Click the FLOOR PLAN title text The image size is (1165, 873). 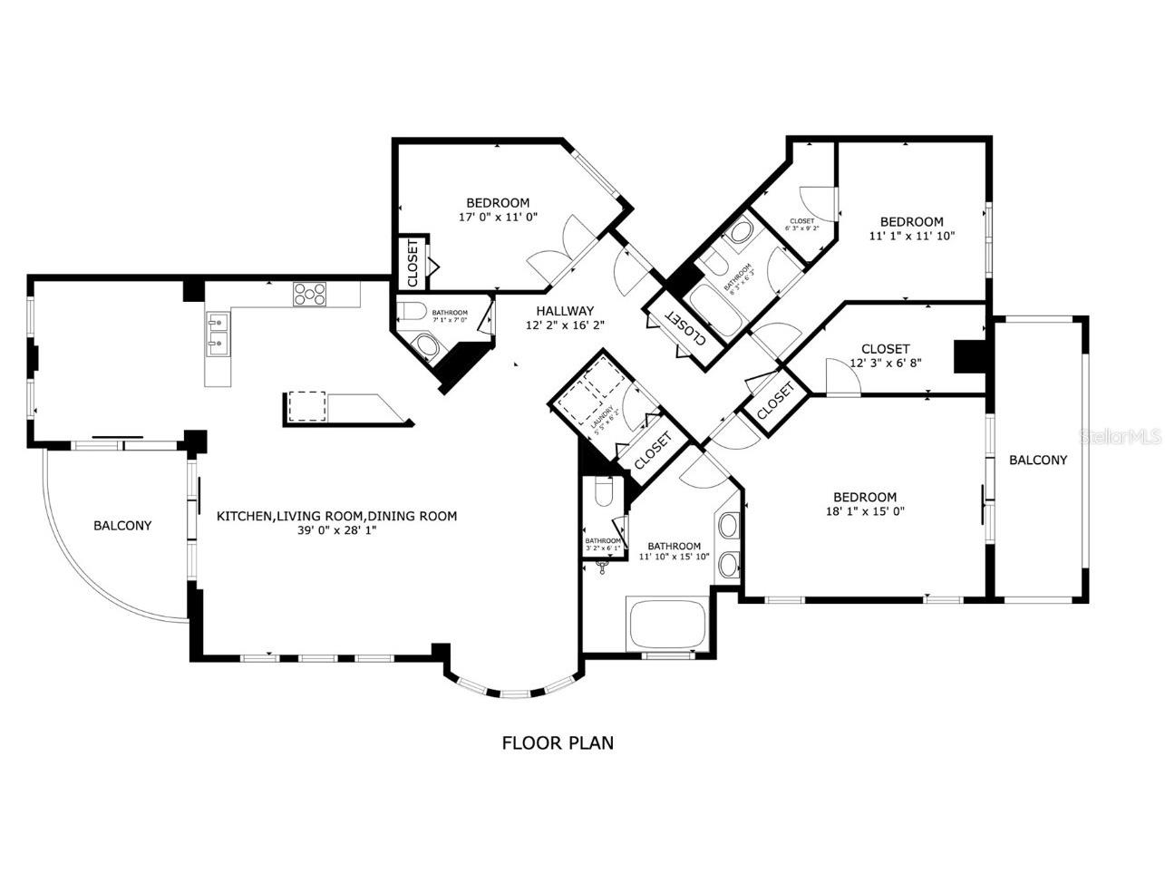[x=558, y=743]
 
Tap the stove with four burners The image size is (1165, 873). [x=309, y=294]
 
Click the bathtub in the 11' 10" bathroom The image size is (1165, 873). [x=666, y=624]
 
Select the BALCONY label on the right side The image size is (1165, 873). [x=1038, y=461]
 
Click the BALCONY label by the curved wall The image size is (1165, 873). [x=122, y=526]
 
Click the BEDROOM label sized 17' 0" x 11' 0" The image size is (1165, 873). [x=498, y=203]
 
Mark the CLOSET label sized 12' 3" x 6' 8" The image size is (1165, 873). [x=885, y=349]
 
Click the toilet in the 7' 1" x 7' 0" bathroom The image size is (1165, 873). [x=413, y=312]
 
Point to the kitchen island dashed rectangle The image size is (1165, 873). [x=307, y=407]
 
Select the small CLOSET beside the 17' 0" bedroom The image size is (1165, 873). [x=412, y=262]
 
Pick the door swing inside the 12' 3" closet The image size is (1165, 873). [x=841, y=377]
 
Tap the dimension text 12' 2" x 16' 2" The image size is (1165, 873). [x=566, y=324]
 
